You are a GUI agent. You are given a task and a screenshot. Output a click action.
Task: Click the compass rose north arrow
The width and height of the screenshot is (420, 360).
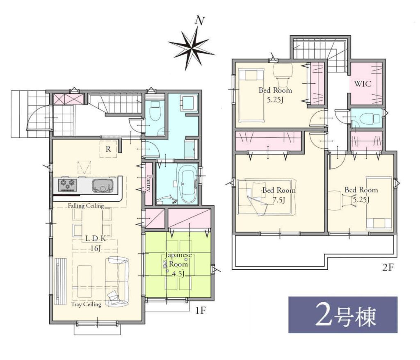click(x=191, y=45)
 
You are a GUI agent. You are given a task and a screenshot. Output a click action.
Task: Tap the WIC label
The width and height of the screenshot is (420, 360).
click(x=363, y=84)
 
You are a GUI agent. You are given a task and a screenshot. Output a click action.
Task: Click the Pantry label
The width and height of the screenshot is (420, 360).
click(x=148, y=183)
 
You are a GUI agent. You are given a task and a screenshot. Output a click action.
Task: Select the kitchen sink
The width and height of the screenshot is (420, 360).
click(x=102, y=186)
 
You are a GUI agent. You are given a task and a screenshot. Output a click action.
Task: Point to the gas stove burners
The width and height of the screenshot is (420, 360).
click(x=68, y=185)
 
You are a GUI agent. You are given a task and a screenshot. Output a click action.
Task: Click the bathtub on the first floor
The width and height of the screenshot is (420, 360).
click(x=187, y=183)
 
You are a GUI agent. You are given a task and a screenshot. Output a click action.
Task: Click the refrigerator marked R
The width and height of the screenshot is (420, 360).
click(x=108, y=149)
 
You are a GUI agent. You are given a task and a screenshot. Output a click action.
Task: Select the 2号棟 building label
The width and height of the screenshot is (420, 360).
click(x=343, y=315)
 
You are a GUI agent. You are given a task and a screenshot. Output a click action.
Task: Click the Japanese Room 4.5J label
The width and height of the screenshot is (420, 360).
click(x=178, y=264)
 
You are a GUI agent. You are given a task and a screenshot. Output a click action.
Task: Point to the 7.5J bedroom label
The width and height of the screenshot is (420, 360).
click(x=279, y=195)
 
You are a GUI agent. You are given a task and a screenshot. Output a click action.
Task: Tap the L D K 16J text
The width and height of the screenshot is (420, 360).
click(x=96, y=243)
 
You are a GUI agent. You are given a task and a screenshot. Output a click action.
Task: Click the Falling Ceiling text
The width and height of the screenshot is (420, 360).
click(x=86, y=206)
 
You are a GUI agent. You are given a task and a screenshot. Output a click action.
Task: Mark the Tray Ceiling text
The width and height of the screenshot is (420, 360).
click(x=86, y=304)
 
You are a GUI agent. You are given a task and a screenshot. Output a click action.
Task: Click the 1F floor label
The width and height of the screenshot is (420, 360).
click(x=200, y=310)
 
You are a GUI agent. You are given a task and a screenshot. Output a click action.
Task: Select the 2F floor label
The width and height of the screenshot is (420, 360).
click(x=388, y=267)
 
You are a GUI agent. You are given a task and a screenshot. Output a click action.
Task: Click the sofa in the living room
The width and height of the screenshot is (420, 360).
click(x=117, y=282)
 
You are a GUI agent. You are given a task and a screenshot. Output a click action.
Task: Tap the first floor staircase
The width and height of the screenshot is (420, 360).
click(x=115, y=103)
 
